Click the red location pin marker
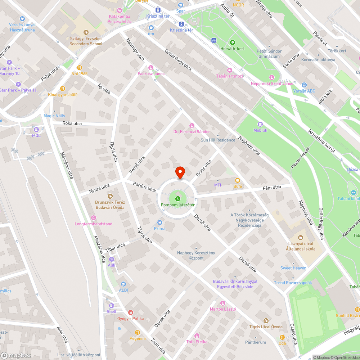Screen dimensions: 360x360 [180, 172]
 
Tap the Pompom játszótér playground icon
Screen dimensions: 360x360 [177, 199]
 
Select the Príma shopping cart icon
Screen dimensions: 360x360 [160, 222]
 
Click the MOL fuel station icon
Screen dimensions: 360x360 [36, 130]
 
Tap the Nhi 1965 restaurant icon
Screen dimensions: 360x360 [80, 67]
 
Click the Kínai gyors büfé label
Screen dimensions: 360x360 [63, 95]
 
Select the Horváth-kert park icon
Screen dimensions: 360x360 [232, 42]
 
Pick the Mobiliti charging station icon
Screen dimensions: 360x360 [260, 124]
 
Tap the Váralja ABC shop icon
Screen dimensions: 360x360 [304, 85]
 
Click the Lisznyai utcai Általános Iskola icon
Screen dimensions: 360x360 [301, 238]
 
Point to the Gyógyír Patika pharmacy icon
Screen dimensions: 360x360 [130, 312]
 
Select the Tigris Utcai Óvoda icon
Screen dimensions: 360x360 [266, 320]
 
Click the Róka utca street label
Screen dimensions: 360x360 [72, 123]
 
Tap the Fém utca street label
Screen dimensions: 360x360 [272, 187]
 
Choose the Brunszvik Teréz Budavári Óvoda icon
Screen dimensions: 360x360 [110, 196]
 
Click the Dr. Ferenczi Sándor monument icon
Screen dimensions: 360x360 [192, 125]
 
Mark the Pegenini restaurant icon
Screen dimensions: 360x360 [137, 332]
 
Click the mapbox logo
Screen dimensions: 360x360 [16, 355]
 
